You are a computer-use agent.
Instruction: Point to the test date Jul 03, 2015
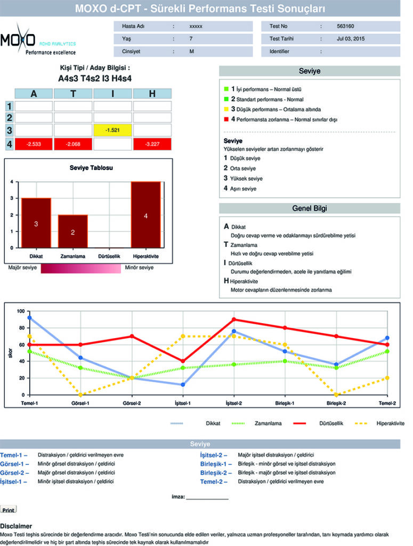pos(351,38)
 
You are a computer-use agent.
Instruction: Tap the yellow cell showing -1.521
pos(113,130)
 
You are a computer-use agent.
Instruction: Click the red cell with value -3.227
pos(152,144)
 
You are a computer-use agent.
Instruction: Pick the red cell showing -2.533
pos(34,144)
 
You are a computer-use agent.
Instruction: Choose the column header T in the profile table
pos(73,94)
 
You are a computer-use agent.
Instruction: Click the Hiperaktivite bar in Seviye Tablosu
pos(145,215)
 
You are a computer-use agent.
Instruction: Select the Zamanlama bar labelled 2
pos(73,231)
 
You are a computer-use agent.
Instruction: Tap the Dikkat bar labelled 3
pos(36,223)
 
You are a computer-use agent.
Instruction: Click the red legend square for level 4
pos(226,119)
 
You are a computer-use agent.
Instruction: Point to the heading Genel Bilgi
pos(309,208)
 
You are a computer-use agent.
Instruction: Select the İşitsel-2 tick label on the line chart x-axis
pos(234,403)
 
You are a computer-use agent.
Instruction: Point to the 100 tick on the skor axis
pos(20,311)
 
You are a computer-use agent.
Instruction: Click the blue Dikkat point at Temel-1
pos(29,318)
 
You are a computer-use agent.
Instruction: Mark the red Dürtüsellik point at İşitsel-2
pos(234,319)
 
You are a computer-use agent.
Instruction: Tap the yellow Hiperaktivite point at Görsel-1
pos(80,395)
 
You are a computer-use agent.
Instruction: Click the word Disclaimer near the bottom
pos(16,526)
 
